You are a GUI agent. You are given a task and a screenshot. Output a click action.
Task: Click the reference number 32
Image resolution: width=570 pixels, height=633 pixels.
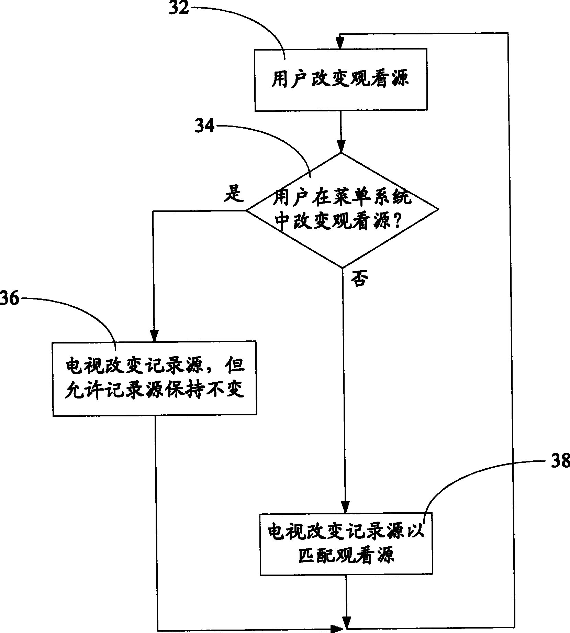pos(179,8)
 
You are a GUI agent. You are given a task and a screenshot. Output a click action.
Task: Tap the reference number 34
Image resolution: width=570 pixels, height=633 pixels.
pos(204,127)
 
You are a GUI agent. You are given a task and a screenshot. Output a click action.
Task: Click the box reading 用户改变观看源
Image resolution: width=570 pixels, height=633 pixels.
pos(341,80)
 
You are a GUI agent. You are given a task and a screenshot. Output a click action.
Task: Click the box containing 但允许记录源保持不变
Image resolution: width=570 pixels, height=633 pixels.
pos(154,379)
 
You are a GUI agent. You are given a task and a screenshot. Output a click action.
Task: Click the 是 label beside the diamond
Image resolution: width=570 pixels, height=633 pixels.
pos(234,195)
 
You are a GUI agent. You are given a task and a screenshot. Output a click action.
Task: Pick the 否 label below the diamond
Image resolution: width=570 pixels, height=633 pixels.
pos(359,280)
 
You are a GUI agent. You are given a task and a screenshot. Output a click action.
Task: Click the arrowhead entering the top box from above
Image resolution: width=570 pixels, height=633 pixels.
pos(340,43)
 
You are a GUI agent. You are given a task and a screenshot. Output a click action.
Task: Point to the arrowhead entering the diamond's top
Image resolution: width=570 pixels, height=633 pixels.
pos(341,146)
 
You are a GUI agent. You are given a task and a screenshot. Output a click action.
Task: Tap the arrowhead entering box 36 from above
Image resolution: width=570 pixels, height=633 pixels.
pos(154,335)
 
